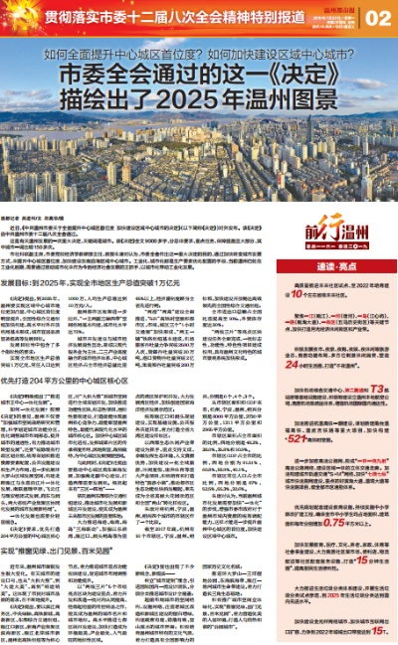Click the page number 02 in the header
[378, 17]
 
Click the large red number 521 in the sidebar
[316, 438]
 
